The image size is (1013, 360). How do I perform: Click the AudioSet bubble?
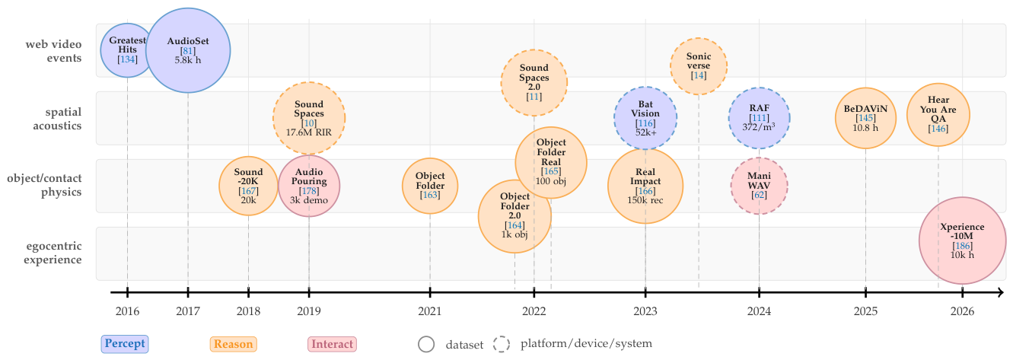(x=188, y=50)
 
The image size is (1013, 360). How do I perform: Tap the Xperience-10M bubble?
(x=962, y=241)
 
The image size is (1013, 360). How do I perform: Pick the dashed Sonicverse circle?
(x=698, y=66)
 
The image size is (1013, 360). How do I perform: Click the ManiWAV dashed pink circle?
(x=759, y=186)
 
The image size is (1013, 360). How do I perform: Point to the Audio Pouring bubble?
(x=309, y=186)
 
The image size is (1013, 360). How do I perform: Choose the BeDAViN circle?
(x=865, y=118)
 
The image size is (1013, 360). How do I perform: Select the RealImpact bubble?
(x=645, y=186)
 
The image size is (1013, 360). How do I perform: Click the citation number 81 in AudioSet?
(x=188, y=51)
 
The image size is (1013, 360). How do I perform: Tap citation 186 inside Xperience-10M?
(x=962, y=246)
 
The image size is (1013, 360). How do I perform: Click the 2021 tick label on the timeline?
(x=429, y=311)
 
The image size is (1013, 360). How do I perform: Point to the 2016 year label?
(x=127, y=311)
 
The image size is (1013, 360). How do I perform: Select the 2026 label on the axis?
(x=962, y=311)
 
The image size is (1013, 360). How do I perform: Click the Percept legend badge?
(x=125, y=344)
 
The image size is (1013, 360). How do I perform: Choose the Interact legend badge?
(x=332, y=344)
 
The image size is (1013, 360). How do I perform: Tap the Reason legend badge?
(x=234, y=344)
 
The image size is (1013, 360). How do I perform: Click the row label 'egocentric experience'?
(x=53, y=253)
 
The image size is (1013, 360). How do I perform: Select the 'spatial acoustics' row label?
(x=57, y=119)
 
